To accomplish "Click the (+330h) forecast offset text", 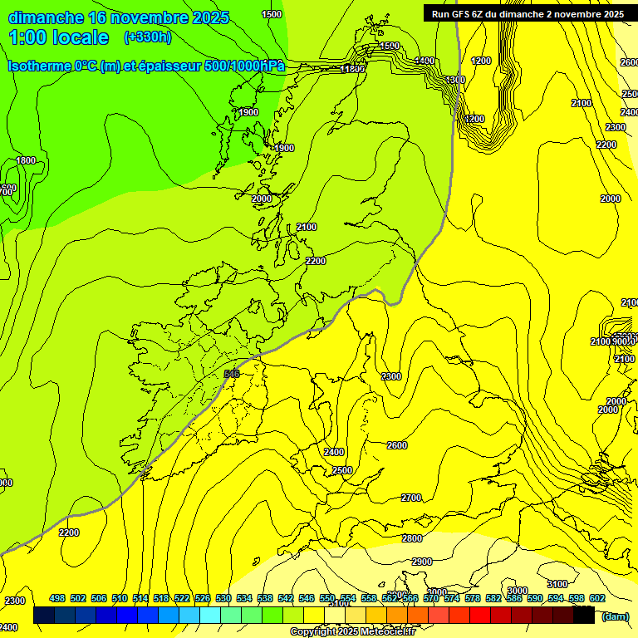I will pyautogui.click(x=148, y=37).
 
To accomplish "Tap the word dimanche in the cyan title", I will pyautogui.click(x=47, y=17).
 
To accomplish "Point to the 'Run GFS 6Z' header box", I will pyautogui.click(x=528, y=13).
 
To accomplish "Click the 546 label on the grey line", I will pyautogui.click(x=232, y=374).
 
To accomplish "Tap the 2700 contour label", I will pyautogui.click(x=411, y=498).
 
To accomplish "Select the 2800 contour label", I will pyautogui.click(x=412, y=538).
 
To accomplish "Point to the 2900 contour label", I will pyautogui.click(x=422, y=562).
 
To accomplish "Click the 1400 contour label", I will pyautogui.click(x=425, y=61).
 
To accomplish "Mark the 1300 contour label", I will pyautogui.click(x=455, y=80).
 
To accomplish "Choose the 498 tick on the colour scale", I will pyautogui.click(x=57, y=598).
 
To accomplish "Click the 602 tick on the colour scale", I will pyautogui.click(x=596, y=598).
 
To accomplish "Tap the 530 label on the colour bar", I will pyautogui.click(x=223, y=598).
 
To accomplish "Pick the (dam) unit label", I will pyautogui.click(x=615, y=616).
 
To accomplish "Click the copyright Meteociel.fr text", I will pyautogui.click(x=352, y=632).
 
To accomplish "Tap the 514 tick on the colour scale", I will pyautogui.click(x=140, y=598).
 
